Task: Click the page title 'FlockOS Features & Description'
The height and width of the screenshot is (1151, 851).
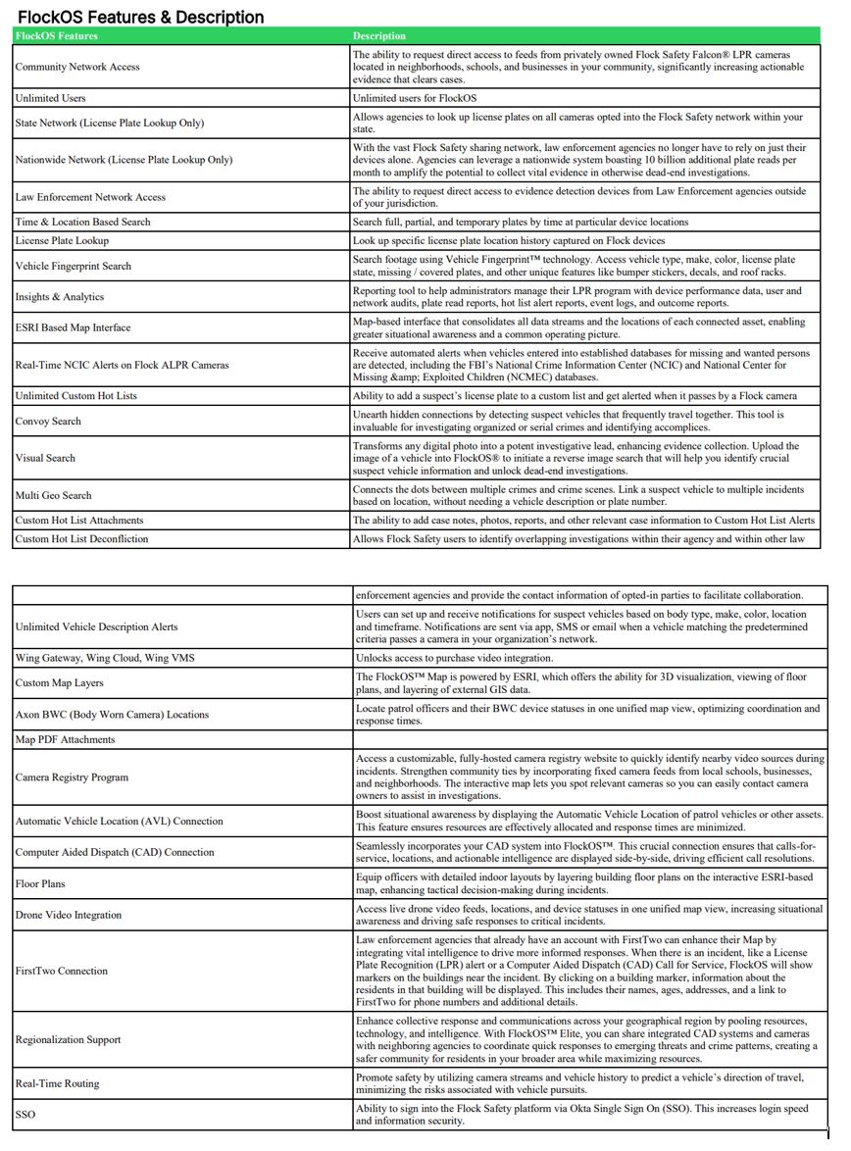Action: coord(140,17)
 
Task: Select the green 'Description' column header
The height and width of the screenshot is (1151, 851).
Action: coord(379,36)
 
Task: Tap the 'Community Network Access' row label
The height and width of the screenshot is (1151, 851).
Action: coord(77,67)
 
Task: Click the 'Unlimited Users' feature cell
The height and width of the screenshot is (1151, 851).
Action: coord(50,98)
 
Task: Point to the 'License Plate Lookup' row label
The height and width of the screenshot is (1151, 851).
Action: coord(62,240)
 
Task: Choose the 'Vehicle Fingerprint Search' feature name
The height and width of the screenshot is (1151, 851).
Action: coord(73,266)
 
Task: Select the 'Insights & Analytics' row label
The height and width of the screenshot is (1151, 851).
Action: coord(59,297)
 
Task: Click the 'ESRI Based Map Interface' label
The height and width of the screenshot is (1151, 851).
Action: coord(73,327)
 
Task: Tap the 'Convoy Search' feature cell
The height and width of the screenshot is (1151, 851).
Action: coord(48,421)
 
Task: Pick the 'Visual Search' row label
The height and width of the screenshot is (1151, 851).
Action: coord(45,458)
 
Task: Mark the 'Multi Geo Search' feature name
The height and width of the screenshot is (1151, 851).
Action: coord(53,495)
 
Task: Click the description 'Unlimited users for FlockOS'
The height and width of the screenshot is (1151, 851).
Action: coord(414,98)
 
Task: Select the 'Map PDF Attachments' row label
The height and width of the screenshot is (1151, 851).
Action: coord(65,739)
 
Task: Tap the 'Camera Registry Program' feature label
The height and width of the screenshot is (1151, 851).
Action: coord(72,777)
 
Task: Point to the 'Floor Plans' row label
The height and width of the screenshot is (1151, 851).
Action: coord(40,883)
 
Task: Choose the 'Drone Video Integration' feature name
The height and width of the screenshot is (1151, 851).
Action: coord(69,915)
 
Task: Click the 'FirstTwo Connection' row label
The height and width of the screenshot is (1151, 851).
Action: coord(61,971)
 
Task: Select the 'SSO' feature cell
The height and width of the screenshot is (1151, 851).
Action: coord(25,1114)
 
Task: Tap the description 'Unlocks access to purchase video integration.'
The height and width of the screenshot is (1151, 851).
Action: coord(454,658)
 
